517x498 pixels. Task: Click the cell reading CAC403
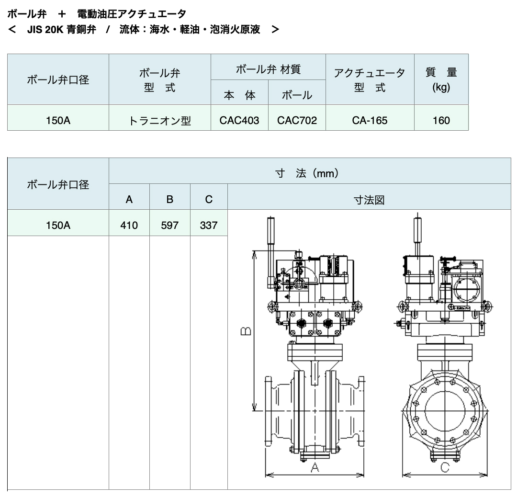click(x=239, y=120)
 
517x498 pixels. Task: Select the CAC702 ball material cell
click(x=297, y=120)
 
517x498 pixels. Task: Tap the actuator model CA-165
click(x=370, y=120)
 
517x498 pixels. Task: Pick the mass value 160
click(x=441, y=120)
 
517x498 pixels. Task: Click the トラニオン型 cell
click(x=160, y=121)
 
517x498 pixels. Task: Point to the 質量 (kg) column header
click(x=441, y=79)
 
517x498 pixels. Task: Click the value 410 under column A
click(x=129, y=225)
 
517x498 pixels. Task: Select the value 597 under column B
click(x=169, y=225)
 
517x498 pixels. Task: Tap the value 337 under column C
click(x=209, y=225)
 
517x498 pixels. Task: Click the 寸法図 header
click(x=369, y=200)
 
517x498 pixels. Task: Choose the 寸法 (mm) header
click(x=307, y=173)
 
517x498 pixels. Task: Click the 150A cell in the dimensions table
click(x=58, y=225)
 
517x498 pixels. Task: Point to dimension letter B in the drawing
click(x=246, y=331)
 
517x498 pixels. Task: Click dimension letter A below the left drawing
click(x=315, y=467)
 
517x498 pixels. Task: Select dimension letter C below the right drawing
click(x=445, y=467)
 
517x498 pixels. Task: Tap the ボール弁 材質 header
click(x=268, y=69)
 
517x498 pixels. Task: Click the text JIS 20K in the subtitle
click(x=45, y=29)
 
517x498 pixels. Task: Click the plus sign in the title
click(x=62, y=14)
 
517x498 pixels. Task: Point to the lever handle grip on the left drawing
click(x=270, y=230)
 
